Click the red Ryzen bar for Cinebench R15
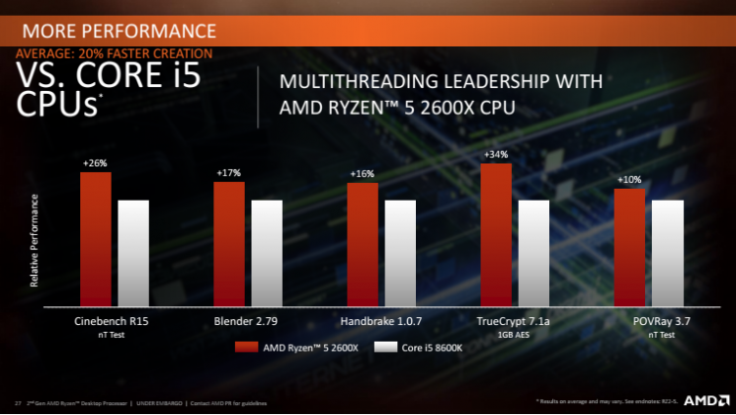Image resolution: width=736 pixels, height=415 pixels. tap(96, 239)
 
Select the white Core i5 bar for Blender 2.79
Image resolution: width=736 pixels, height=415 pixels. tap(267, 254)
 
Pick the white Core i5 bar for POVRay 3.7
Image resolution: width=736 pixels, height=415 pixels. tap(667, 254)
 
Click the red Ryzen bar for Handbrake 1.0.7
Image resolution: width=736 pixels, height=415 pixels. tap(363, 245)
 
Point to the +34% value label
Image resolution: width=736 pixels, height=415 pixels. tap(496, 155)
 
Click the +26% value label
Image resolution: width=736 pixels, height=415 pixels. tap(96, 162)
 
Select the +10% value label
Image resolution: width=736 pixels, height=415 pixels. tap(629, 180)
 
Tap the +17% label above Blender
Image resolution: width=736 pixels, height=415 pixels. tap(229, 173)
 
